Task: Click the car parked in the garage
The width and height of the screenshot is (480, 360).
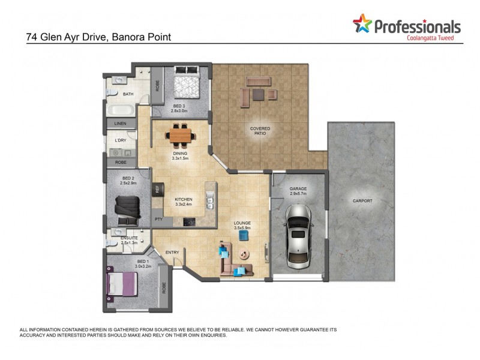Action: (x=298, y=236)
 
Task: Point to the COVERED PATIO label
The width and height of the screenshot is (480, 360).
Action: (x=260, y=131)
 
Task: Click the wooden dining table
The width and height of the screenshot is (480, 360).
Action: (x=180, y=135)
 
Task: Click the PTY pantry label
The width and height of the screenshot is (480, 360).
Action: (x=158, y=220)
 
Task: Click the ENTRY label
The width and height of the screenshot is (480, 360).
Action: (x=172, y=252)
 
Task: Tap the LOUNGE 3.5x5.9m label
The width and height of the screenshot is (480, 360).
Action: (x=242, y=226)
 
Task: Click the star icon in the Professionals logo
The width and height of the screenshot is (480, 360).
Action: (x=362, y=25)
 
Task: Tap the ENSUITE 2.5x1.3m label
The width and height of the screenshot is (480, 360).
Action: (x=130, y=241)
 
